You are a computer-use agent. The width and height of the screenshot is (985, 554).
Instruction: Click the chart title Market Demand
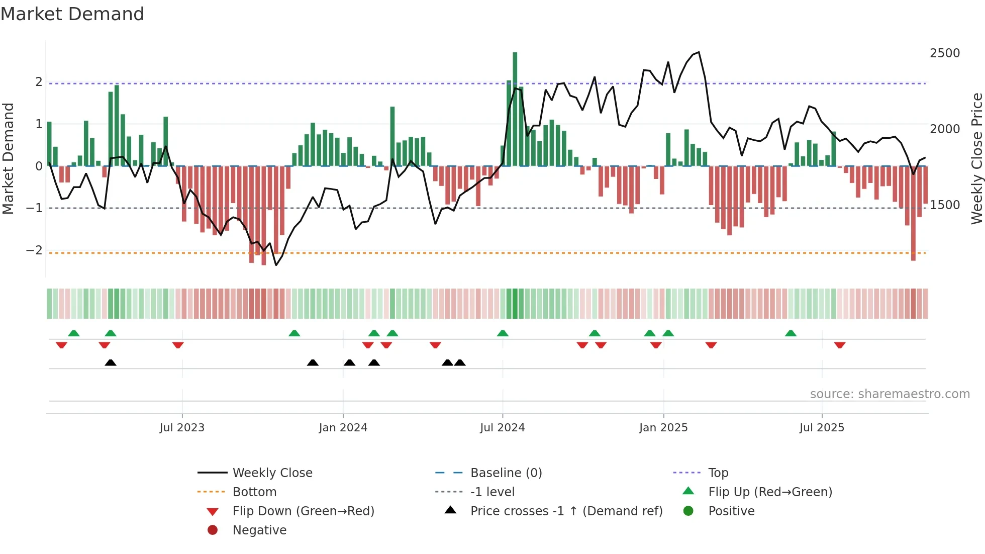point(72,14)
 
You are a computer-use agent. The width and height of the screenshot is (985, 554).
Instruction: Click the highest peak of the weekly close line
point(699,52)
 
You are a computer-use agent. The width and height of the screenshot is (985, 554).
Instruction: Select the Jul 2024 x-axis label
point(502,428)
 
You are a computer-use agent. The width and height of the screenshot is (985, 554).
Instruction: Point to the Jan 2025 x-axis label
point(663,428)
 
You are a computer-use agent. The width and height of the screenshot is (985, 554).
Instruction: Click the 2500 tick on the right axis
point(945,53)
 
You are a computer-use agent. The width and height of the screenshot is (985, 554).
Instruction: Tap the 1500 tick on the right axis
point(945,205)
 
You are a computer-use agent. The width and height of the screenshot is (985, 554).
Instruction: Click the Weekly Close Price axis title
point(976,158)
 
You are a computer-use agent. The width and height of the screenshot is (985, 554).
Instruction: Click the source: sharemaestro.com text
point(890,394)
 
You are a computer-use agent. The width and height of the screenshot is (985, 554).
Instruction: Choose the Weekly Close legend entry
point(272,473)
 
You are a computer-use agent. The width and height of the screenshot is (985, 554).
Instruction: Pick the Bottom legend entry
point(254,492)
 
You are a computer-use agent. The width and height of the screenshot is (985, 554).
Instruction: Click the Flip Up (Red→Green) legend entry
point(770,492)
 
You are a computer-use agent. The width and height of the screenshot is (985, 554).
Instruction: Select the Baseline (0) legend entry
point(506,473)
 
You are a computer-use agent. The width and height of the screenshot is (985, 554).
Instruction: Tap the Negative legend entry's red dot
point(213,530)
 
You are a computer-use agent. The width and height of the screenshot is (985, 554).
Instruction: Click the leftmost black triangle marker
point(111,363)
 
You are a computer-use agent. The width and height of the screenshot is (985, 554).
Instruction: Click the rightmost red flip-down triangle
point(840,345)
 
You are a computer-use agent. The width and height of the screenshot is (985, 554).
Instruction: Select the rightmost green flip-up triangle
point(791,333)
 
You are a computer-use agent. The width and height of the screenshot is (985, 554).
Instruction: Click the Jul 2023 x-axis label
point(182,428)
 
